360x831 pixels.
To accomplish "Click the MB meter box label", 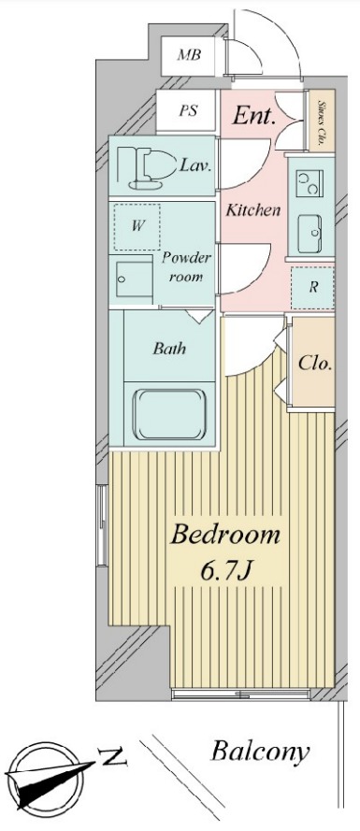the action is click(189, 54).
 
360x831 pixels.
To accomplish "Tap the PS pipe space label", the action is click(188, 111).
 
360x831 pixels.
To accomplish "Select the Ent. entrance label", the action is click(254, 116).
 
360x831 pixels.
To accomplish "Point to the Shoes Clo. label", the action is click(322, 123).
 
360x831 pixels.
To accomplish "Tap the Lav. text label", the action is click(195, 165).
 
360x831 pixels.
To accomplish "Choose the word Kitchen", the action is click(252, 210).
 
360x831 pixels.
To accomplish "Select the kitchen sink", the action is click(311, 234).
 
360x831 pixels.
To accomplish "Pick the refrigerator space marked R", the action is click(313, 288).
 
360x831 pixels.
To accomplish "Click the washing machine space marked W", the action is click(137, 227).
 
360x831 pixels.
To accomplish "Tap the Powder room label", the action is click(186, 267).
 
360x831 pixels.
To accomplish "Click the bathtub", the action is click(169, 415).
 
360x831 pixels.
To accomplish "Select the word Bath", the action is click(169, 349).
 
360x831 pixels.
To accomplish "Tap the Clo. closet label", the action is click(315, 364).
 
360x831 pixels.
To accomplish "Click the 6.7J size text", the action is click(225, 571).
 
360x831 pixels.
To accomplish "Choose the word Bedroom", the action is click(224, 535).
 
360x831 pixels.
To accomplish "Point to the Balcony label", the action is click(260, 752).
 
